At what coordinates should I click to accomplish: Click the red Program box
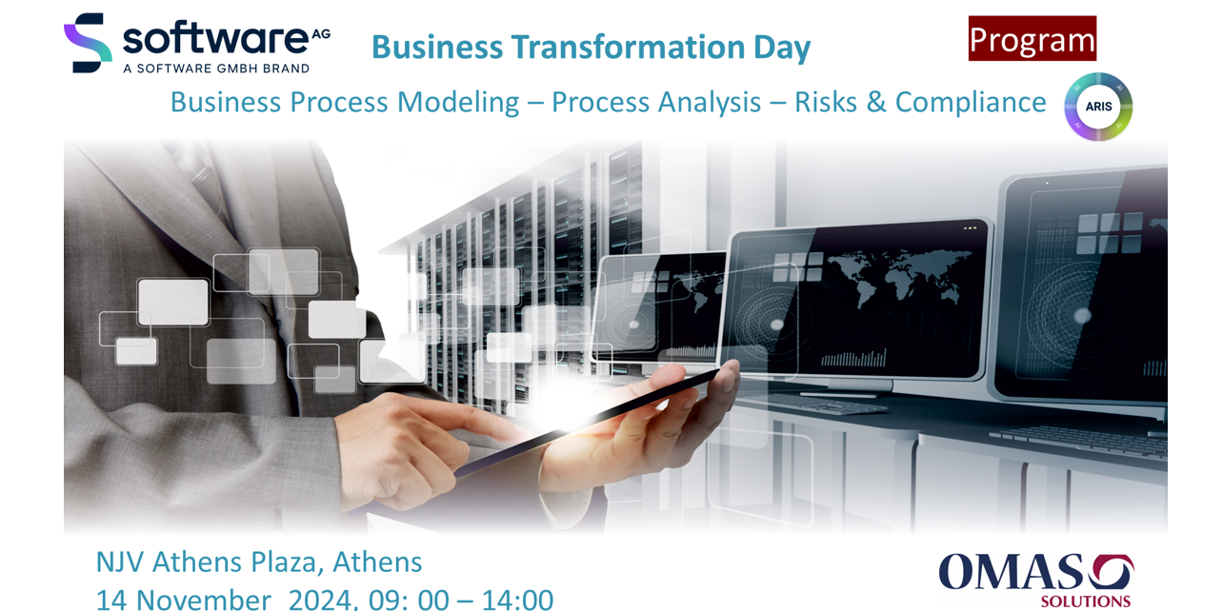[1032, 38]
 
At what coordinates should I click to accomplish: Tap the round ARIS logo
[1098, 107]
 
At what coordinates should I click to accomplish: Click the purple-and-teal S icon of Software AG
[88, 43]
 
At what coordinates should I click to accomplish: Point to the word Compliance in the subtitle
[971, 102]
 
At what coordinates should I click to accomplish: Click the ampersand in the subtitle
[875, 103]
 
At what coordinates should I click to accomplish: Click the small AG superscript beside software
[321, 34]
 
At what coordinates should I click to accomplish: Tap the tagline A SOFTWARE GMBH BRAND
[216, 69]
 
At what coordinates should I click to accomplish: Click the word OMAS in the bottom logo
[1010, 572]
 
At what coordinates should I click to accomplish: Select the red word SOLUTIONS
[1086, 601]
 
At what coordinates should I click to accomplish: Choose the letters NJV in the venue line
[120, 562]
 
